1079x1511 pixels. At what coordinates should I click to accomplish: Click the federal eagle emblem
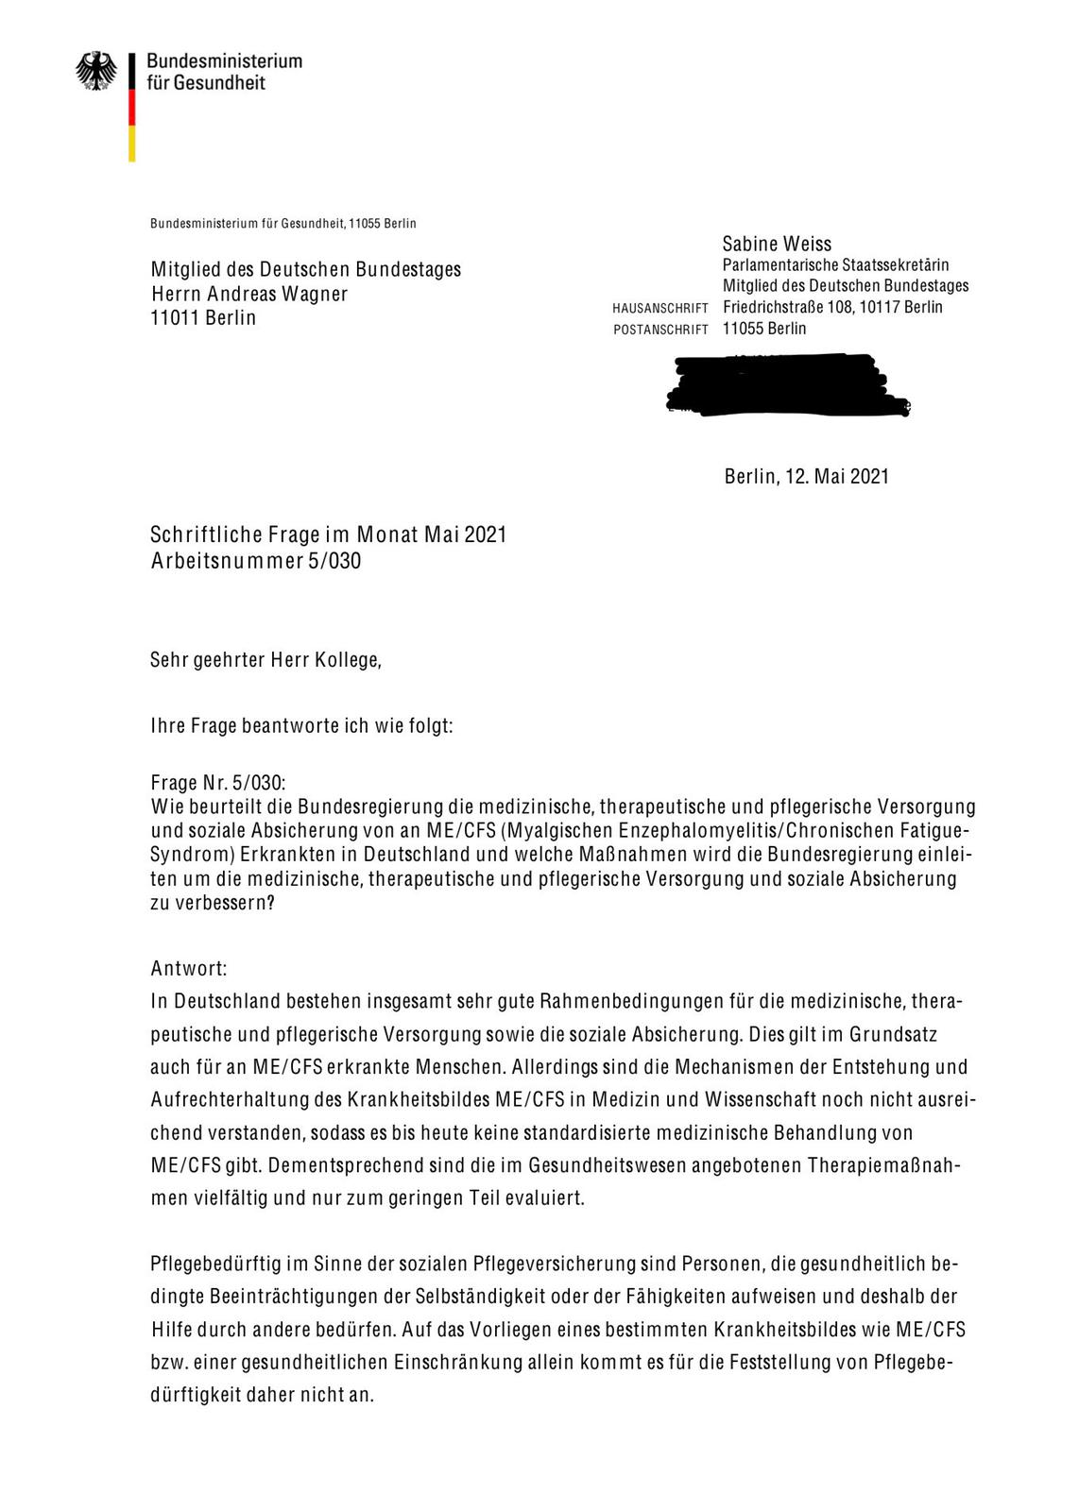[97, 71]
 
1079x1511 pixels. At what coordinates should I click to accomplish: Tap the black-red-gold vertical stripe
[132, 106]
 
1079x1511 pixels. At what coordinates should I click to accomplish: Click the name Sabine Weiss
[777, 245]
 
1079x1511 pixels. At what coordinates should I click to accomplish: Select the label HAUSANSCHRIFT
[660, 309]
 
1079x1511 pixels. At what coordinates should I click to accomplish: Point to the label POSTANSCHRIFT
[660, 331]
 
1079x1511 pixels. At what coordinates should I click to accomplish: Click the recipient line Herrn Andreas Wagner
[249, 294]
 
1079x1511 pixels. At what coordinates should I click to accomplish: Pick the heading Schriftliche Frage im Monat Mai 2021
[328, 535]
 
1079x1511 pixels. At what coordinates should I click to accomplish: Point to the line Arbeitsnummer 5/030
[255, 561]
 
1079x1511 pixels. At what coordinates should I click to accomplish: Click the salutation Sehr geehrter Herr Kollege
[265, 659]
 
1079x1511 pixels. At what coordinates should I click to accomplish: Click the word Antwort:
[188, 969]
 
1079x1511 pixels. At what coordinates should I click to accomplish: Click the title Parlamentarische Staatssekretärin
[835, 265]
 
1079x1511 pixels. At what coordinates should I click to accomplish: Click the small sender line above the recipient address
[283, 224]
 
